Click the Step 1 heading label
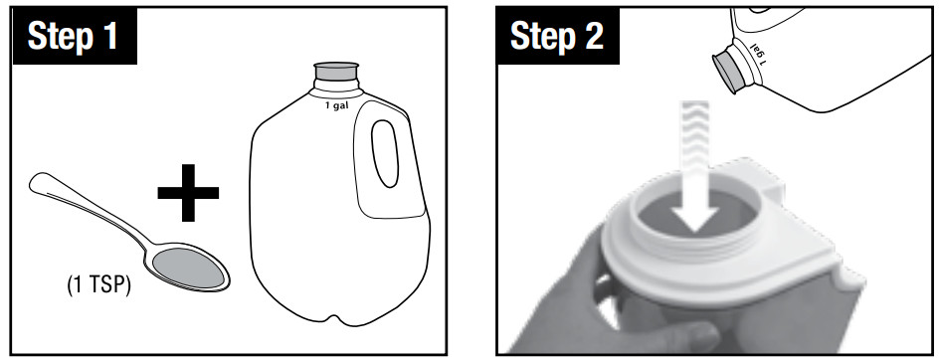pos(74,37)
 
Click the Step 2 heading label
pos(557,37)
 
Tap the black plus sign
pos(188,192)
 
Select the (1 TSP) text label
pos(98,285)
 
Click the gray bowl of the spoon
pos(189,268)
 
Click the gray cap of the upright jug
pos(336,72)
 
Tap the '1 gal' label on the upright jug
pos(336,106)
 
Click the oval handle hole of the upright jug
pos(385,153)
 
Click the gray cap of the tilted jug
pos(726,73)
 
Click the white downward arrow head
pos(693,217)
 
